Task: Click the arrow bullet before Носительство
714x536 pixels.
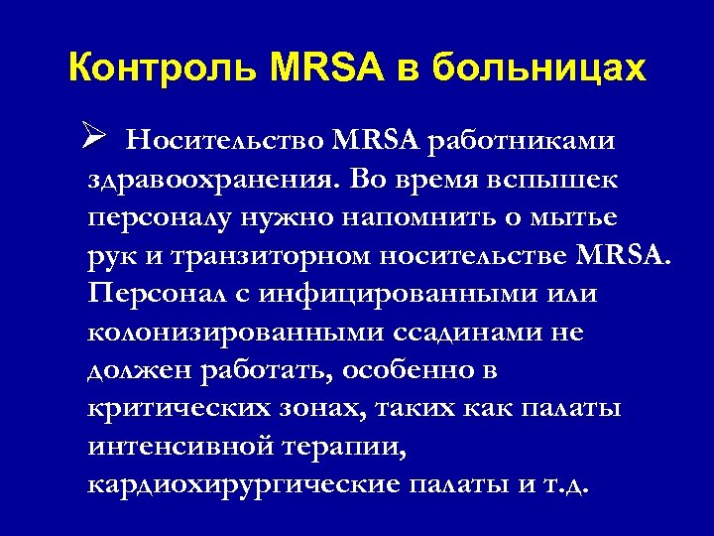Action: tap(96, 138)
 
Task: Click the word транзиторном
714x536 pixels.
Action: tap(263, 258)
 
